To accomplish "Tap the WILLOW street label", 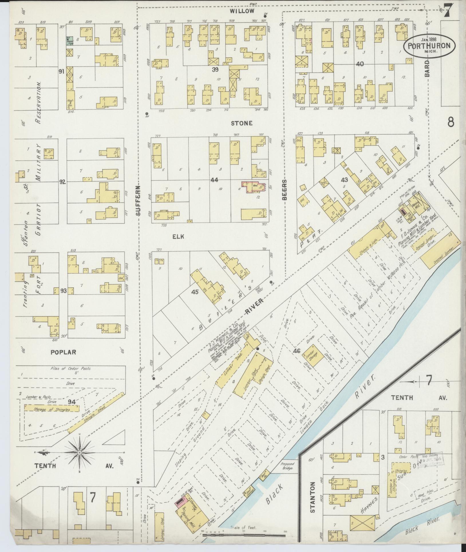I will (x=243, y=11).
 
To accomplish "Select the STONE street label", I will (x=242, y=123).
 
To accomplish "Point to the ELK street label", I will (x=178, y=236).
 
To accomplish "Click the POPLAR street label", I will (x=63, y=352).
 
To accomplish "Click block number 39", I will (x=216, y=69).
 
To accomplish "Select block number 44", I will (x=214, y=180).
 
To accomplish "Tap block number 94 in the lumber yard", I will (x=72, y=402).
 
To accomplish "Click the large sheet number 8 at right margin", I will (x=451, y=122).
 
